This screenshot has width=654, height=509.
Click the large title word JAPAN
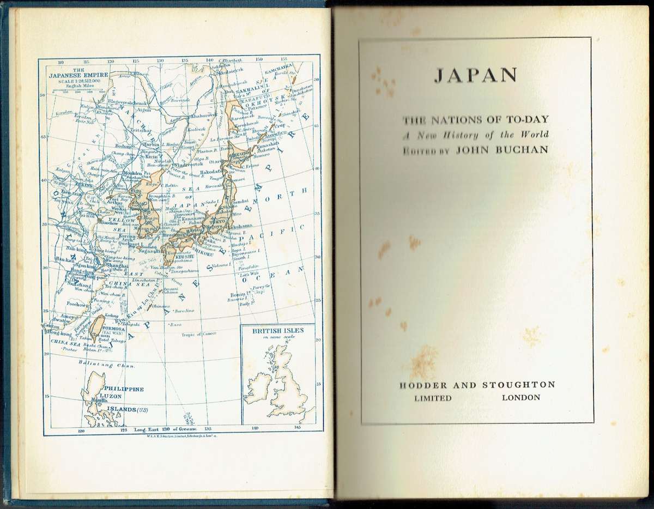tap(476, 75)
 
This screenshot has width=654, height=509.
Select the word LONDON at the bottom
tap(520, 397)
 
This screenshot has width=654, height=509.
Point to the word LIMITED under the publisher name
tap(433, 398)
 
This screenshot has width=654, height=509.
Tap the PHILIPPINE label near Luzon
tap(126, 389)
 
